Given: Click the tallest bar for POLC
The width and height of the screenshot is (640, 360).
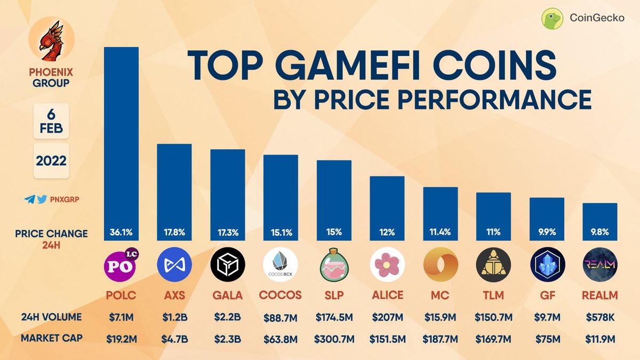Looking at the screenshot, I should click(121, 139).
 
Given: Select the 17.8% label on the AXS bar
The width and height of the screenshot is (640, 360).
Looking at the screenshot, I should click(174, 233).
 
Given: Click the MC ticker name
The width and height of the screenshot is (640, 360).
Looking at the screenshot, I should click(441, 295).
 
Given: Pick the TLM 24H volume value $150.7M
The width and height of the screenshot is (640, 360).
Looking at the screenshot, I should click(493, 317).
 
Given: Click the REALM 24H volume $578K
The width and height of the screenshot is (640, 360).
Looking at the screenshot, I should click(600, 317).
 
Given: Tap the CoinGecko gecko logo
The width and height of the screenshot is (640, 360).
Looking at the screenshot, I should click(553, 19).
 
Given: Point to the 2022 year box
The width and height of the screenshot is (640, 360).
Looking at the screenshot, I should click(51, 161).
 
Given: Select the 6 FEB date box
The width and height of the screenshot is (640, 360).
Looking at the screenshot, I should click(51, 121).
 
